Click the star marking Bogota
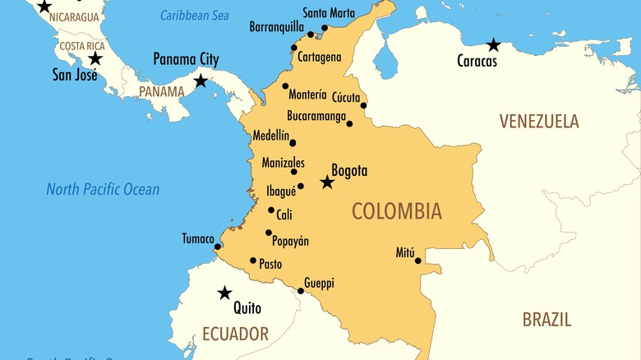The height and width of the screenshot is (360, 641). [327, 182]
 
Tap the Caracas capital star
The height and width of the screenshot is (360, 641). [493, 44]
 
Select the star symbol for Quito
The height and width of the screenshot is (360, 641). [224, 293]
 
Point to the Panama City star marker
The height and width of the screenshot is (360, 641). [201, 81]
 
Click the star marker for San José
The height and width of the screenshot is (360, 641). [95, 58]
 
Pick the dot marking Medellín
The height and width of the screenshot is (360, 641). [293, 142]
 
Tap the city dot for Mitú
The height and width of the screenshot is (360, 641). [417, 261]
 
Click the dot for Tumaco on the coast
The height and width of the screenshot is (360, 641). [218, 246]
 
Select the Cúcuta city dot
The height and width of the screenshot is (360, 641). [363, 105]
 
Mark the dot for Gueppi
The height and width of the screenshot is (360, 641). [301, 290]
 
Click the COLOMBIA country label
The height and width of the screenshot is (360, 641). [396, 211]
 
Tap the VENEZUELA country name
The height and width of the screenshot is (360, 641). [538, 122]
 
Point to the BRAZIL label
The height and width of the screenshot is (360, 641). [546, 320]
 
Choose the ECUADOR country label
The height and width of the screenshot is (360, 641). [235, 334]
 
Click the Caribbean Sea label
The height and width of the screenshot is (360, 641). [194, 15]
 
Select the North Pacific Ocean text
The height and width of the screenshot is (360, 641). [103, 190]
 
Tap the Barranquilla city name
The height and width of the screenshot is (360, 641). [276, 26]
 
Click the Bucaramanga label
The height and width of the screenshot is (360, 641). [316, 116]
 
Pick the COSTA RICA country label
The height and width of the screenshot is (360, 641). [82, 46]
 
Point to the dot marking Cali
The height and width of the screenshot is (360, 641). [271, 210]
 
